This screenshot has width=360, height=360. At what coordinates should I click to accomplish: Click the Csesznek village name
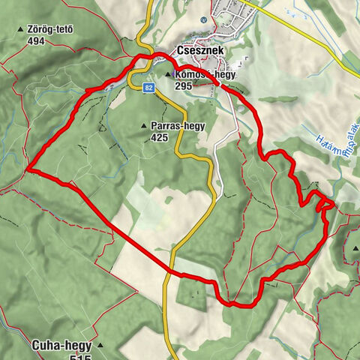click(198, 51)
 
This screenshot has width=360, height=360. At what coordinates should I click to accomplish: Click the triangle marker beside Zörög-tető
click(20, 31)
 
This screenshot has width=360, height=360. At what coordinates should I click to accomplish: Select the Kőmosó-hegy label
click(197, 75)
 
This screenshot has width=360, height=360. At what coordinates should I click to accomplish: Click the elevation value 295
click(184, 86)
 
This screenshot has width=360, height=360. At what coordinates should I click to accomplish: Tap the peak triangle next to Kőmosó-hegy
click(168, 75)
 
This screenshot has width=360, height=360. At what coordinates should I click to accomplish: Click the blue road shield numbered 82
click(146, 88)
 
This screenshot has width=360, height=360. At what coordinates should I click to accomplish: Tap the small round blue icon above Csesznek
click(203, 20)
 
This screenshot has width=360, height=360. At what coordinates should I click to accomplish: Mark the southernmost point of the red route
click(234, 305)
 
